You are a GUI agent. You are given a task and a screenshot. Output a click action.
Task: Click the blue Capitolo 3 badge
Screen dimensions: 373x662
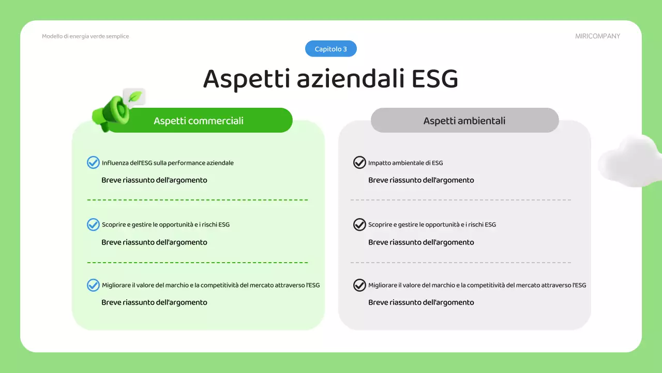pos(331,49)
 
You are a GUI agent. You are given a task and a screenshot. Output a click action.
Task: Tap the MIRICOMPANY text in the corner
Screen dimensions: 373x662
pos(597,36)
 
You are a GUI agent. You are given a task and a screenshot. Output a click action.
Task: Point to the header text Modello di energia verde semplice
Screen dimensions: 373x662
pos(85,36)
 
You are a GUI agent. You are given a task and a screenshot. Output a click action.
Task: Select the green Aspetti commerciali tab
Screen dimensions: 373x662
pos(199,121)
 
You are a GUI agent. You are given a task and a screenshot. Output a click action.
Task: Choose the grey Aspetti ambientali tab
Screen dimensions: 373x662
pos(464,121)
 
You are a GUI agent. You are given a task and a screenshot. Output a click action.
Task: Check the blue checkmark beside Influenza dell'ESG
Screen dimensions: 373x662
pos(93,163)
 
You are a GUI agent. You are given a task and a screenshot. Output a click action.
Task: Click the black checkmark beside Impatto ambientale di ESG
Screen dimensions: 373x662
pos(359,163)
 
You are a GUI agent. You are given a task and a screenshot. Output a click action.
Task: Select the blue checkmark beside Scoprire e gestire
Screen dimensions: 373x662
pos(93,224)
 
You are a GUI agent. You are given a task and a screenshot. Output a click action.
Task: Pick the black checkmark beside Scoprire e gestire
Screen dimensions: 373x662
pos(359,224)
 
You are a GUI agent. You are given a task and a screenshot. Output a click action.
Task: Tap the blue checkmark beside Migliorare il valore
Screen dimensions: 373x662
pos(93,285)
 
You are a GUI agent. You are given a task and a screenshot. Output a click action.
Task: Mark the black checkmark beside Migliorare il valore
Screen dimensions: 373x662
pos(359,285)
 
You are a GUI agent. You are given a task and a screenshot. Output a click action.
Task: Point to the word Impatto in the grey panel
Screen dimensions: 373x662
pos(379,163)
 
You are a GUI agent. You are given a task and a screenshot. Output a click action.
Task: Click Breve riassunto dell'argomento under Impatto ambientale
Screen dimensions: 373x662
pos(421,180)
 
